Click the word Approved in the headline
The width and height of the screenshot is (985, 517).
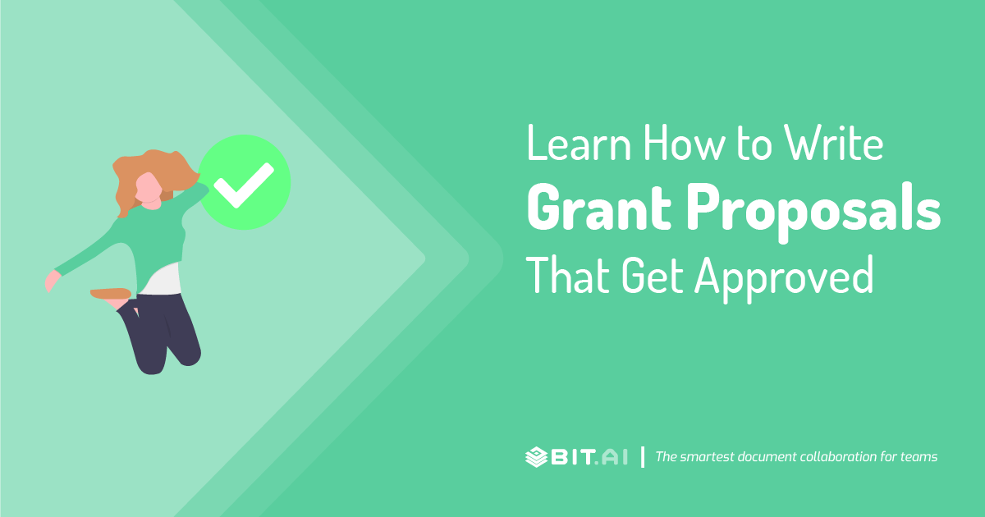coord(784,277)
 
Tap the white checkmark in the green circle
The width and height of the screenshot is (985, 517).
coord(244,182)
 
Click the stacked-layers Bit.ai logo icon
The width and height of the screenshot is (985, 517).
coord(537,457)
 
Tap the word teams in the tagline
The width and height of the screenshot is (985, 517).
coord(919,457)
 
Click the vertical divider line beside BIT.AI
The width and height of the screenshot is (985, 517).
coord(642,457)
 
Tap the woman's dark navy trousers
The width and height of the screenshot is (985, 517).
coord(164,332)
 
